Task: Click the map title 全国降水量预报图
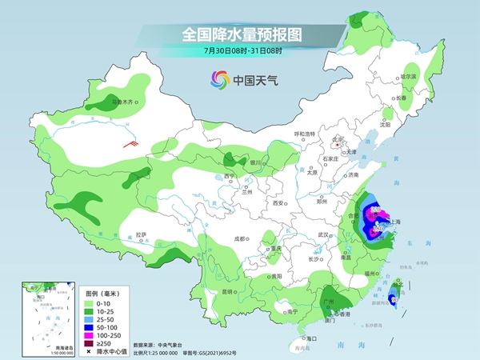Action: pyautogui.click(x=239, y=34)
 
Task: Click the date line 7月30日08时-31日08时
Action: pyautogui.click(x=240, y=50)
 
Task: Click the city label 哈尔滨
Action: pyautogui.click(x=409, y=76)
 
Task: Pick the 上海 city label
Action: pyautogui.click(x=402, y=222)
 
